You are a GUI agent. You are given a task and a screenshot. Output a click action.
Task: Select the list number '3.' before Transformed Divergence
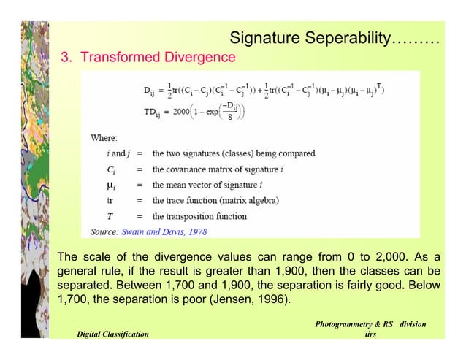click(66, 57)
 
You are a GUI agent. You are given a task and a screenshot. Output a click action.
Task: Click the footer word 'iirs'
click(372, 334)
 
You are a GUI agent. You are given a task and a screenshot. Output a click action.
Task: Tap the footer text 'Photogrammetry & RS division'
click(371, 323)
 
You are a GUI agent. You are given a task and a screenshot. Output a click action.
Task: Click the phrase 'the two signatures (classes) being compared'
click(234, 153)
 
